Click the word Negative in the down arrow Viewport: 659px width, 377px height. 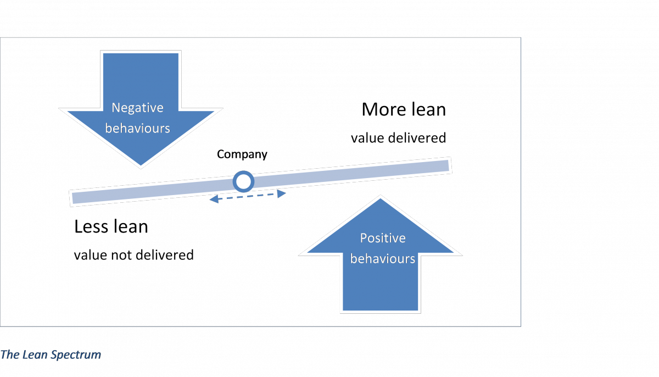click(x=137, y=108)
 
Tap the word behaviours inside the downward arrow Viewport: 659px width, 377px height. click(x=137, y=129)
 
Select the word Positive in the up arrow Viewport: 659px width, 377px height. click(x=382, y=238)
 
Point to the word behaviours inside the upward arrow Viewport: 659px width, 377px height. click(x=382, y=258)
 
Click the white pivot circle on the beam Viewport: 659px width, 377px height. click(x=243, y=181)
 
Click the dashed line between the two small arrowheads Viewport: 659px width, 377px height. click(x=248, y=197)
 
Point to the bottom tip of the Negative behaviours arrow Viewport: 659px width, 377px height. click(x=141, y=165)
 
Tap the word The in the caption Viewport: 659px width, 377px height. click(x=10, y=354)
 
